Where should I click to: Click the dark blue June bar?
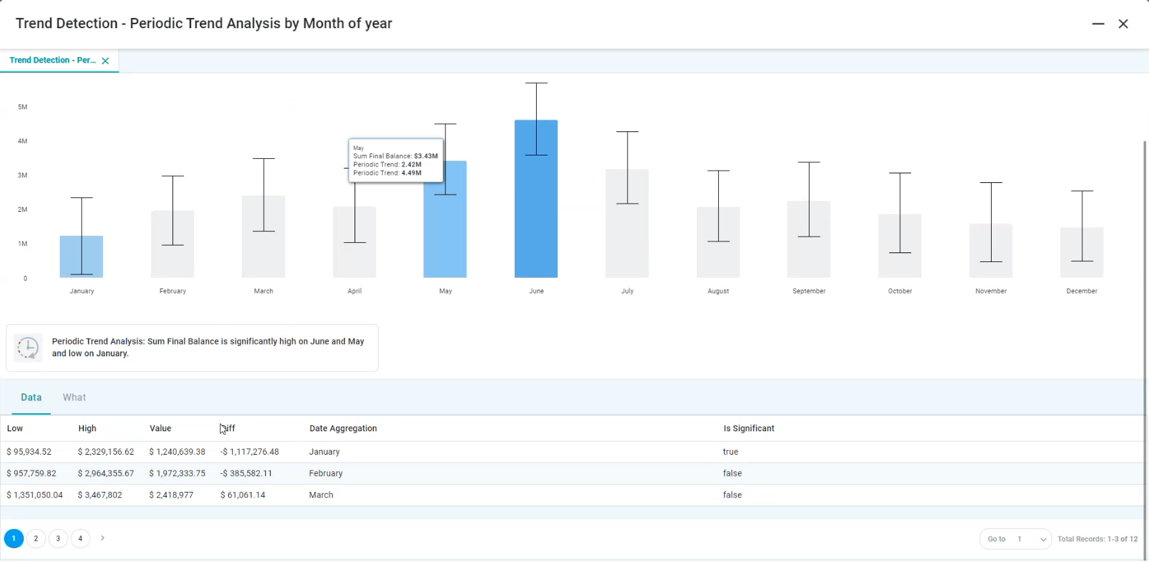coord(536,206)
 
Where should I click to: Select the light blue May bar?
coord(445,234)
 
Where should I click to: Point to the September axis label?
coord(809,291)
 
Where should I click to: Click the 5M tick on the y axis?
coord(23,107)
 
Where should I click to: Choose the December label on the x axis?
coord(1082,291)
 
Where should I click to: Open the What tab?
coord(74,398)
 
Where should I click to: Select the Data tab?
coord(31,398)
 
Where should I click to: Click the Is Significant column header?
coord(748,429)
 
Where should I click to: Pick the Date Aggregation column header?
coord(343,429)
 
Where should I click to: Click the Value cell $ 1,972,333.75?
coord(177,473)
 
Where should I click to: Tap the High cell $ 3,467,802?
coord(100,495)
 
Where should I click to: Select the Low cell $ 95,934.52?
coord(30,452)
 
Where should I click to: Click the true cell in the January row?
coord(730,452)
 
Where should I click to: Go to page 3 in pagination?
coord(58,539)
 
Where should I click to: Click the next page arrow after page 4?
coord(102,538)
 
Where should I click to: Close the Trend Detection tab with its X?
coord(105,61)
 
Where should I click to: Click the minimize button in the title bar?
coord(1098,23)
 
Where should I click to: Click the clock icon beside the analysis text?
coord(28,348)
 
